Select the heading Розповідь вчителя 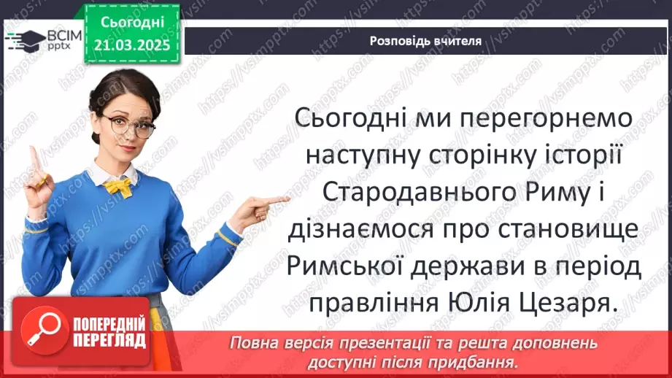[425, 41]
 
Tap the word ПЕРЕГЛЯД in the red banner [110, 339]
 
